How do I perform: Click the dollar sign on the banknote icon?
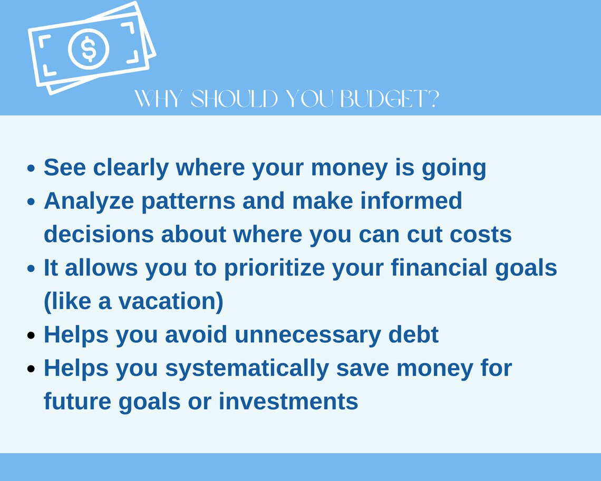89,49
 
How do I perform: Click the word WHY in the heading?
158,99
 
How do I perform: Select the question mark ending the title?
433,99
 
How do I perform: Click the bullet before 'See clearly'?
32,168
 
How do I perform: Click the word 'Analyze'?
89,201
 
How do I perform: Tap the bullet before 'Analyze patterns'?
32,201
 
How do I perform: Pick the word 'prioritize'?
275,268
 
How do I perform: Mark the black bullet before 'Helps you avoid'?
32,335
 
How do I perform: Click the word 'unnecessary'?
308,335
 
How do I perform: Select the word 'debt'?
413,334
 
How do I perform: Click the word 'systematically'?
247,368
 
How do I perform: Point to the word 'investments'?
288,401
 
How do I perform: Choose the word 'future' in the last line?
77,401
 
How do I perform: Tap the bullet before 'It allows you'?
32,268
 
